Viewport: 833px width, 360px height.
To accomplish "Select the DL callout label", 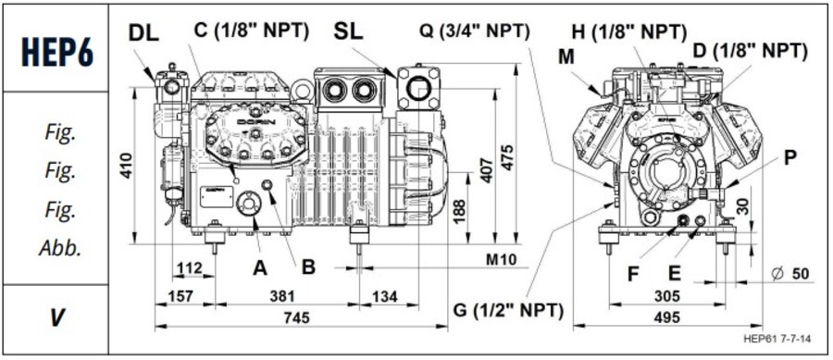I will coord(144,32).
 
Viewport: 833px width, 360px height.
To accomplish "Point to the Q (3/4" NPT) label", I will coord(472,30).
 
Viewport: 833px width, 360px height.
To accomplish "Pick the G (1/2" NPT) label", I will coord(507,311).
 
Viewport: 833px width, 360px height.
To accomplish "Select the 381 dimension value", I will coord(284,296).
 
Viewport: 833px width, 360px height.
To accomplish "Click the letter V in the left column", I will coord(56,317).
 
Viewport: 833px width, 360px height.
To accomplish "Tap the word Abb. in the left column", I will coord(56,248).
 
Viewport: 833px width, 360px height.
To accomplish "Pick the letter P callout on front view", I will coord(789,157).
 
